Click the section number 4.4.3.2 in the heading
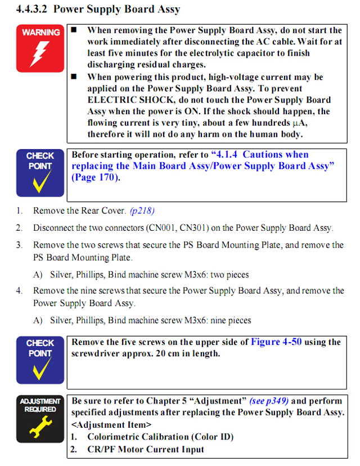[33, 10]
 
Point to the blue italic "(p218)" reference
[142, 211]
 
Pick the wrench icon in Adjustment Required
[39, 428]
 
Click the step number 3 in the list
[19, 245]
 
